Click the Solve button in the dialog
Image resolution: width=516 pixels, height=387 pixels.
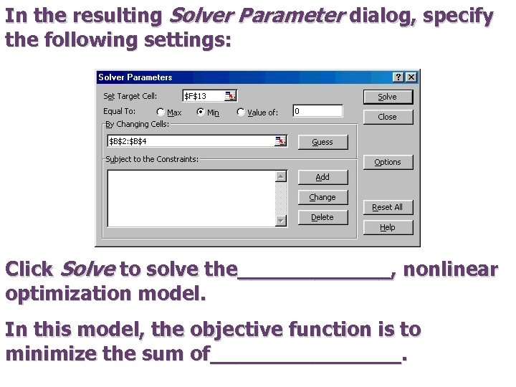pyautogui.click(x=387, y=97)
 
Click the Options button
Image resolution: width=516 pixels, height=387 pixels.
pyautogui.click(x=387, y=162)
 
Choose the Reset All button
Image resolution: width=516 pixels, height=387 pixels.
pyautogui.click(x=387, y=207)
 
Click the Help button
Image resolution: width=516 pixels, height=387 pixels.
pyautogui.click(x=387, y=227)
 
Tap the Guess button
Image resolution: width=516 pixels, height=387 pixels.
pyautogui.click(x=322, y=142)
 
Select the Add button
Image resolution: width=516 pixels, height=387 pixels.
pyautogui.click(x=322, y=177)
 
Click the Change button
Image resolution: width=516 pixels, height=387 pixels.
pyautogui.click(x=322, y=197)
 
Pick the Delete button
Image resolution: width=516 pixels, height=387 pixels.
pyautogui.click(x=322, y=217)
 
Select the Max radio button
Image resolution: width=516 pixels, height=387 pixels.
pyautogui.click(x=161, y=112)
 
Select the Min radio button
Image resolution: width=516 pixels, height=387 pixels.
pyautogui.click(x=201, y=112)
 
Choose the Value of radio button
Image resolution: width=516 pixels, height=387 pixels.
pyautogui.click(x=241, y=112)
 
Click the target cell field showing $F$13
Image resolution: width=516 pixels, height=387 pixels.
pyautogui.click(x=203, y=95)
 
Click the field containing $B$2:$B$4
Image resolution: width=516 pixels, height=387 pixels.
pyautogui.click(x=191, y=141)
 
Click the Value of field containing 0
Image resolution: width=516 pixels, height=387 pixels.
pyautogui.click(x=317, y=111)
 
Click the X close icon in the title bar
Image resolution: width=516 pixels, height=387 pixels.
pyautogui.click(x=411, y=77)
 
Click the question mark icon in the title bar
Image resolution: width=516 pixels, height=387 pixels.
pyautogui.click(x=398, y=77)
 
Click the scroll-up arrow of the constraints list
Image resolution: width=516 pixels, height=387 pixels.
pyautogui.click(x=281, y=176)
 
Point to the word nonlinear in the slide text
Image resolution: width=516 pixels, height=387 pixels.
pyautogui.click(x=450, y=269)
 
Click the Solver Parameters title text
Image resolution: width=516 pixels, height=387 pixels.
pyautogui.click(x=135, y=77)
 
